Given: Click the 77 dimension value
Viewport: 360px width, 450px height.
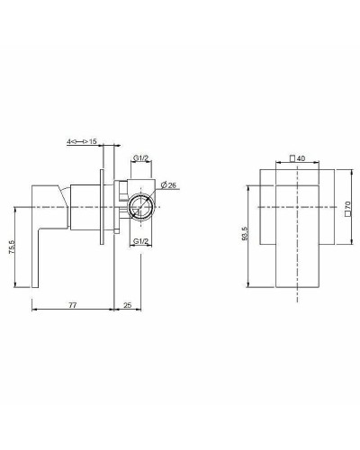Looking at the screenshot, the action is tap(73, 305).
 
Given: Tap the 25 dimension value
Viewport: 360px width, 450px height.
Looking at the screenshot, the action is tap(128, 305).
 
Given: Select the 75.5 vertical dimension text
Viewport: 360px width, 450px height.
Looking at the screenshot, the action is tap(12, 247).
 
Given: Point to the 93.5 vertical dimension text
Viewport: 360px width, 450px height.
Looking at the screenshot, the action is tap(245, 233).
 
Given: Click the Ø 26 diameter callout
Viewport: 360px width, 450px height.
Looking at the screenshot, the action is tap(168, 185).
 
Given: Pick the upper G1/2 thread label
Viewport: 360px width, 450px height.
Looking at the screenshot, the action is tap(140, 157).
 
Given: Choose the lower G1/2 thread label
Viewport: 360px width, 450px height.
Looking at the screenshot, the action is tap(140, 241).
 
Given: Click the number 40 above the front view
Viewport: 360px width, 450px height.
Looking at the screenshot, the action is tap(301, 158).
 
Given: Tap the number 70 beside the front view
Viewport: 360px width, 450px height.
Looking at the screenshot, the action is tap(347, 205).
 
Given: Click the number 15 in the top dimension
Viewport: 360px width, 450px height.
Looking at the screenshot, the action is tap(93, 141).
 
